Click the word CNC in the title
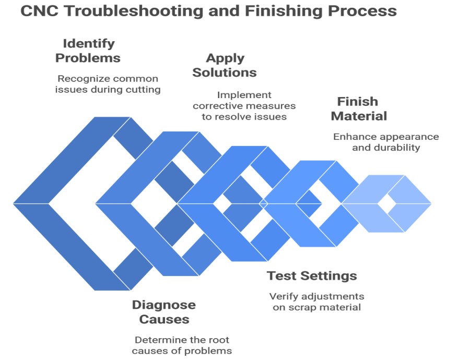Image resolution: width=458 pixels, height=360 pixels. [40, 11]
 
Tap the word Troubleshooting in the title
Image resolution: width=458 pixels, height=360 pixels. [134, 11]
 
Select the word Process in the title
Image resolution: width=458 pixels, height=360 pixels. [362, 11]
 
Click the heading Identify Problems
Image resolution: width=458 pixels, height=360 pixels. [88, 51]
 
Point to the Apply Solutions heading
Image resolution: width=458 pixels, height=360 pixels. [225, 65]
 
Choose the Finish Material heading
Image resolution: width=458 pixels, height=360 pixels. [359, 109]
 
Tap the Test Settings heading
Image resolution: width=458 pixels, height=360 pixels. [312, 275]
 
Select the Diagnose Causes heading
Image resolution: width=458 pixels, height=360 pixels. [164, 312]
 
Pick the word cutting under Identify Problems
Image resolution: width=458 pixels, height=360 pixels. [143, 90]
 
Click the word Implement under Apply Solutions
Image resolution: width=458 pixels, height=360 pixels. [244, 95]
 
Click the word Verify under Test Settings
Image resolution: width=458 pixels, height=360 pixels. [284, 296]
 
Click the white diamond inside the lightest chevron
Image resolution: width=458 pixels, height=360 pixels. [386, 203]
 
